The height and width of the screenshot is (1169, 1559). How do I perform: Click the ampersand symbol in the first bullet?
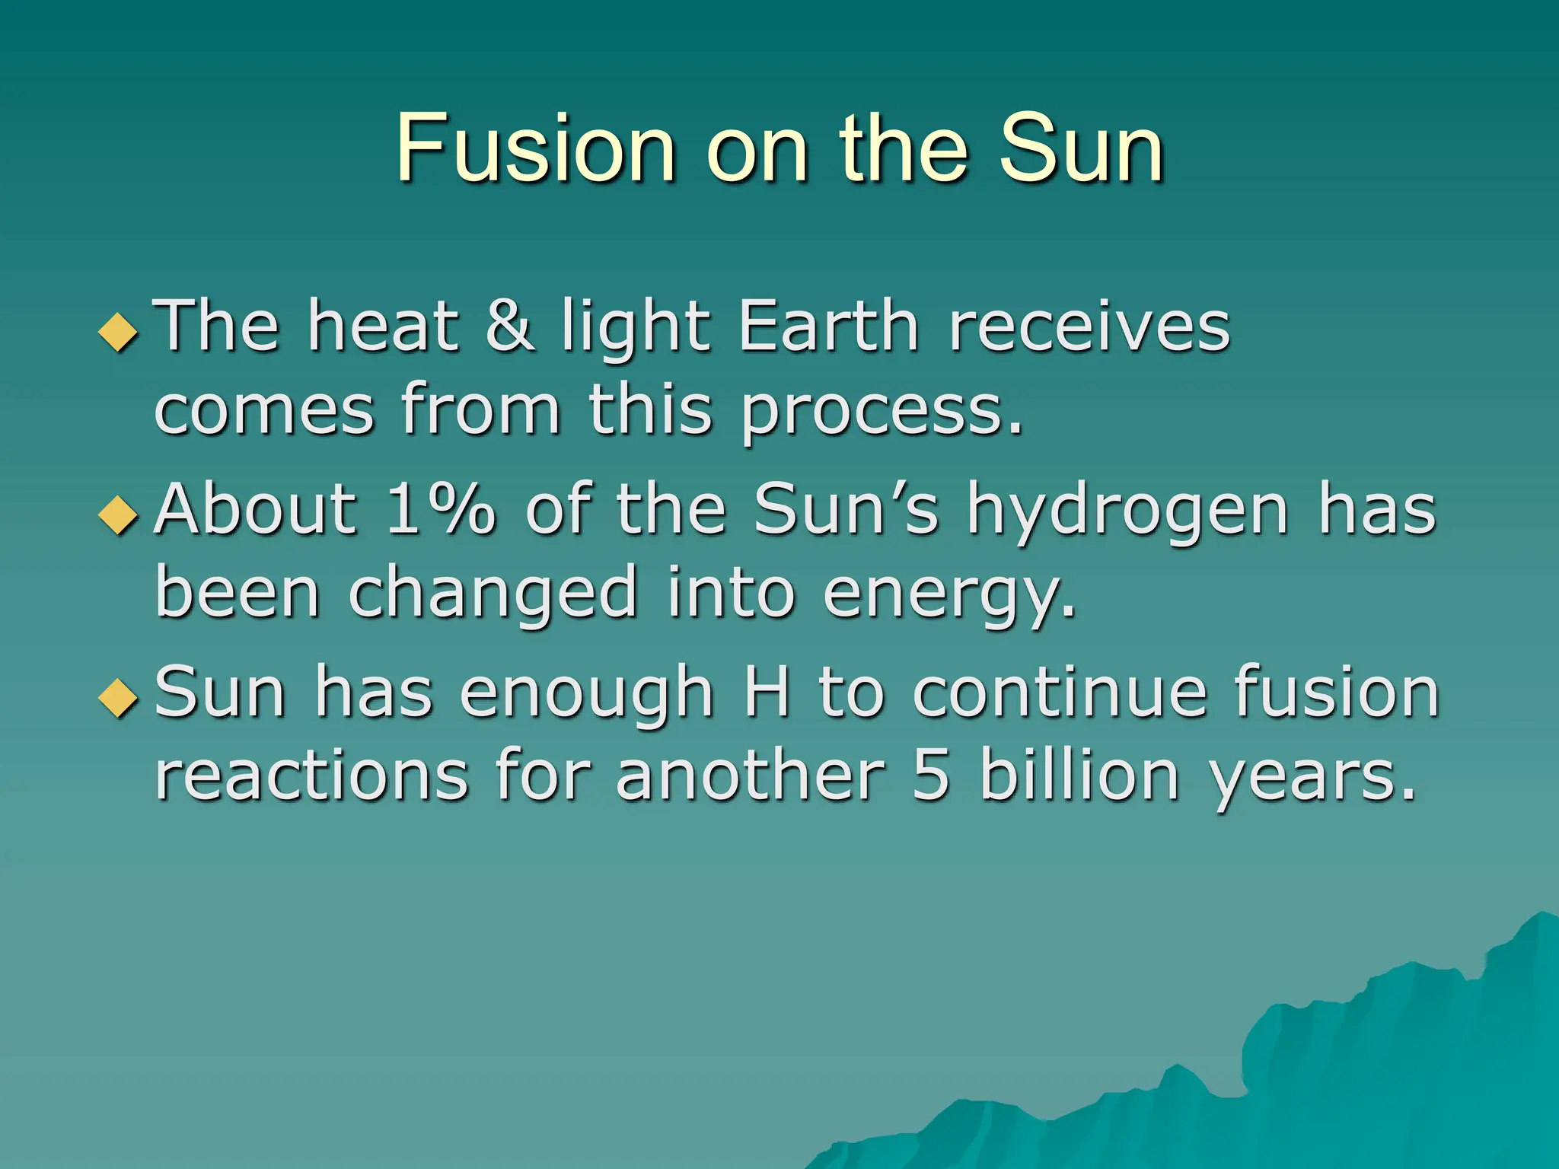pos(509,325)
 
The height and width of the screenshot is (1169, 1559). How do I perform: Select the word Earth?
pos(828,325)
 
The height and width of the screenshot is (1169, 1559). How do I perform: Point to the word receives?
pos(1089,325)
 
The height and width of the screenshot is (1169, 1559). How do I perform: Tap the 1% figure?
pos(440,508)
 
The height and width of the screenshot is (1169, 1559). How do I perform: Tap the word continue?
pos(1060,692)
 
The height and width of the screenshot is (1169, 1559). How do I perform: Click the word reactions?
pos(311,776)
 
